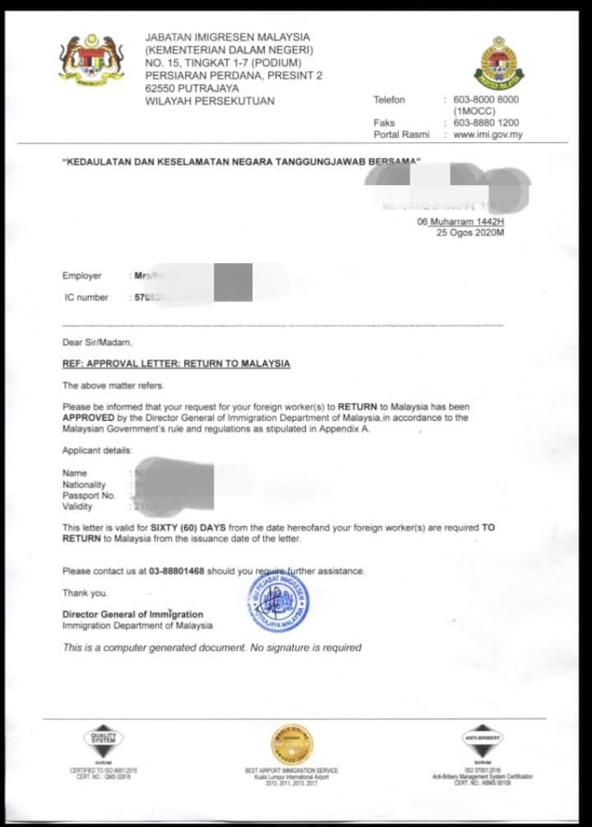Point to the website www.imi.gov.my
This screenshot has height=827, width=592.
488,135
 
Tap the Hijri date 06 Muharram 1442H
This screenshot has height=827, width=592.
460,222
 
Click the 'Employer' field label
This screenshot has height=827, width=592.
82,276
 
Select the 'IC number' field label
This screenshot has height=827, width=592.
86,297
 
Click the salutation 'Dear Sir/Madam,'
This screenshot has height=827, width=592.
96,342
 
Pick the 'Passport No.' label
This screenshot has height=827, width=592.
90,496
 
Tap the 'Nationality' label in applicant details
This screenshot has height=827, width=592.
85,485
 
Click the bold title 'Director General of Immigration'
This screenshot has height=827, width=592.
132,614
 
